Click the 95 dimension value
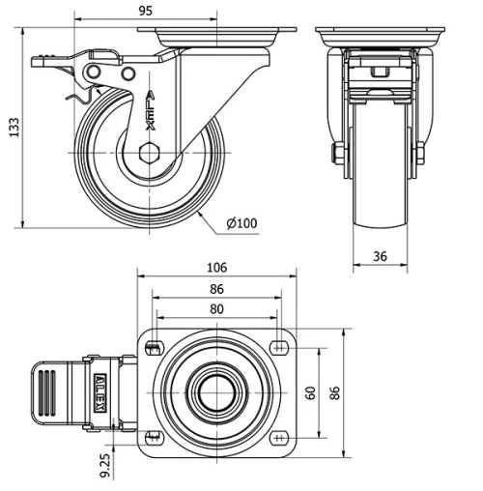click(x=145, y=11)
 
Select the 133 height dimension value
click(x=14, y=128)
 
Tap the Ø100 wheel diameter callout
click(x=241, y=223)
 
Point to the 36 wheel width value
click(x=380, y=256)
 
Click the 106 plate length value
click(x=216, y=268)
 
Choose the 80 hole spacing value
click(x=216, y=309)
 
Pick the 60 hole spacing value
click(x=311, y=392)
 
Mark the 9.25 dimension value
click(x=105, y=466)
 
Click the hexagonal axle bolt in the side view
click(x=150, y=153)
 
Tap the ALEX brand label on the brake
click(x=100, y=392)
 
